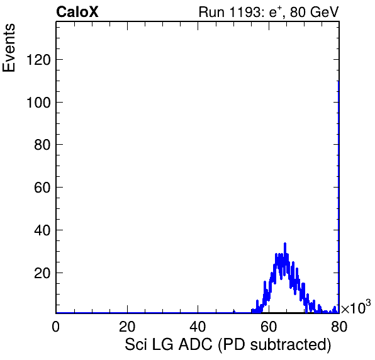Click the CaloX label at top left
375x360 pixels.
tap(77, 12)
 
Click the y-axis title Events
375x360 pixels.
tap(9, 48)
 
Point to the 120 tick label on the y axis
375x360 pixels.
tap(39, 60)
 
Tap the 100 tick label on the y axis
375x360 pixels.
tap(39, 103)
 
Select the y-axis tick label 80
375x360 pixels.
tap(43, 145)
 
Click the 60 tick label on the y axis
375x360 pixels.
tap(43, 188)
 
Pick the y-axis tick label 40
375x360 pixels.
tap(43, 230)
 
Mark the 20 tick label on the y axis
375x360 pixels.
tap(43, 273)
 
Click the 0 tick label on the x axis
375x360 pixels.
tap(56, 326)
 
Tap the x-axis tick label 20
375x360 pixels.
tap(127, 326)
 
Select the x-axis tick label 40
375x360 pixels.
tap(198, 326)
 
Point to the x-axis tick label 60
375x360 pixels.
tap(269, 326)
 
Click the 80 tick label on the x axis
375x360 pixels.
tap(339, 326)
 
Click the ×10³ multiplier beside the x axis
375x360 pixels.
tap(356, 307)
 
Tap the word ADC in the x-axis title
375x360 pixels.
tap(196, 344)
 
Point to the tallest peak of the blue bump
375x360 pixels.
tap(285, 244)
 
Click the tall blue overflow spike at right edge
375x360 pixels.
tap(339, 197)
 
